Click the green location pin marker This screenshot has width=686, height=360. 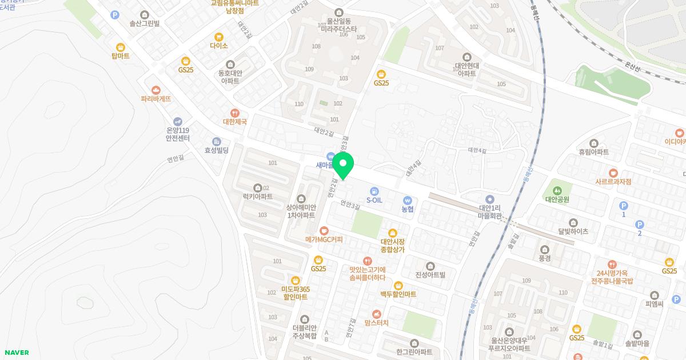coord(343,166)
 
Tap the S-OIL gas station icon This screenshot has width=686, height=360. coord(374,191)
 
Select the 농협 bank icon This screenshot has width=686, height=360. coord(407,201)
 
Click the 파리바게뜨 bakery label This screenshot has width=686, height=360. coord(156,98)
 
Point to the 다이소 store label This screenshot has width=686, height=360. coord(218,46)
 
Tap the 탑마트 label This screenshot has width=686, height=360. coord(121,56)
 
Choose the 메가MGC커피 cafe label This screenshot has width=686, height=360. coord(324,239)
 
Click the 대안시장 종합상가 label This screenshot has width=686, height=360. coord(392,246)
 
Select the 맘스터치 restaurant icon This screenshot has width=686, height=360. coord(376,314)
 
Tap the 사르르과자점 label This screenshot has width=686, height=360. coord(613,181)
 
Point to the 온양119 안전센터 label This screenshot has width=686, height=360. coord(177,134)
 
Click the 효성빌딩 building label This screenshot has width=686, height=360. coord(216,150)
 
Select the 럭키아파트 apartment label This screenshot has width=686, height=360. coord(258,197)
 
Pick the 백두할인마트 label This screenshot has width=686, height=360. coord(398,294)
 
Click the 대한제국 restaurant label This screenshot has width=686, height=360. coord(234,122)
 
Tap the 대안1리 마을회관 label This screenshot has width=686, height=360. coord(489,211)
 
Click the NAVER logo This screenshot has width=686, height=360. coord(17,353)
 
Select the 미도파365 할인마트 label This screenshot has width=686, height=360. coord(295,293)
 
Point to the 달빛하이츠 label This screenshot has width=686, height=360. coord(573,231)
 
